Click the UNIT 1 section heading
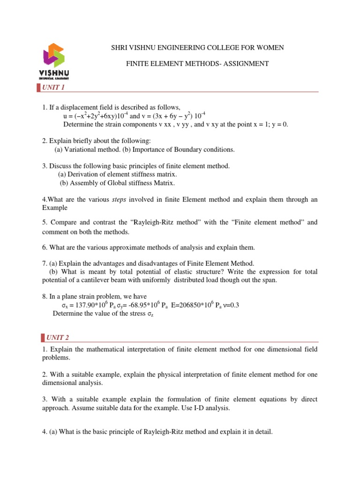tap(53, 88)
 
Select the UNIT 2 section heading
tap(57, 337)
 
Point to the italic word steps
tap(120, 200)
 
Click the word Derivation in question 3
tap(82, 174)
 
